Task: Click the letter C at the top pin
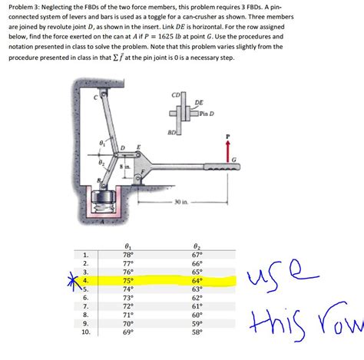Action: pyautogui.click(x=95, y=97)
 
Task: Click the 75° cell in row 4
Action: pyautogui.click(x=127, y=281)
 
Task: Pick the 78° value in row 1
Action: pyautogui.click(x=127, y=254)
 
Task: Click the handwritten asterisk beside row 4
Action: pyautogui.click(x=71, y=281)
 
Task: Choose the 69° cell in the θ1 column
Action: pyautogui.click(x=127, y=333)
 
